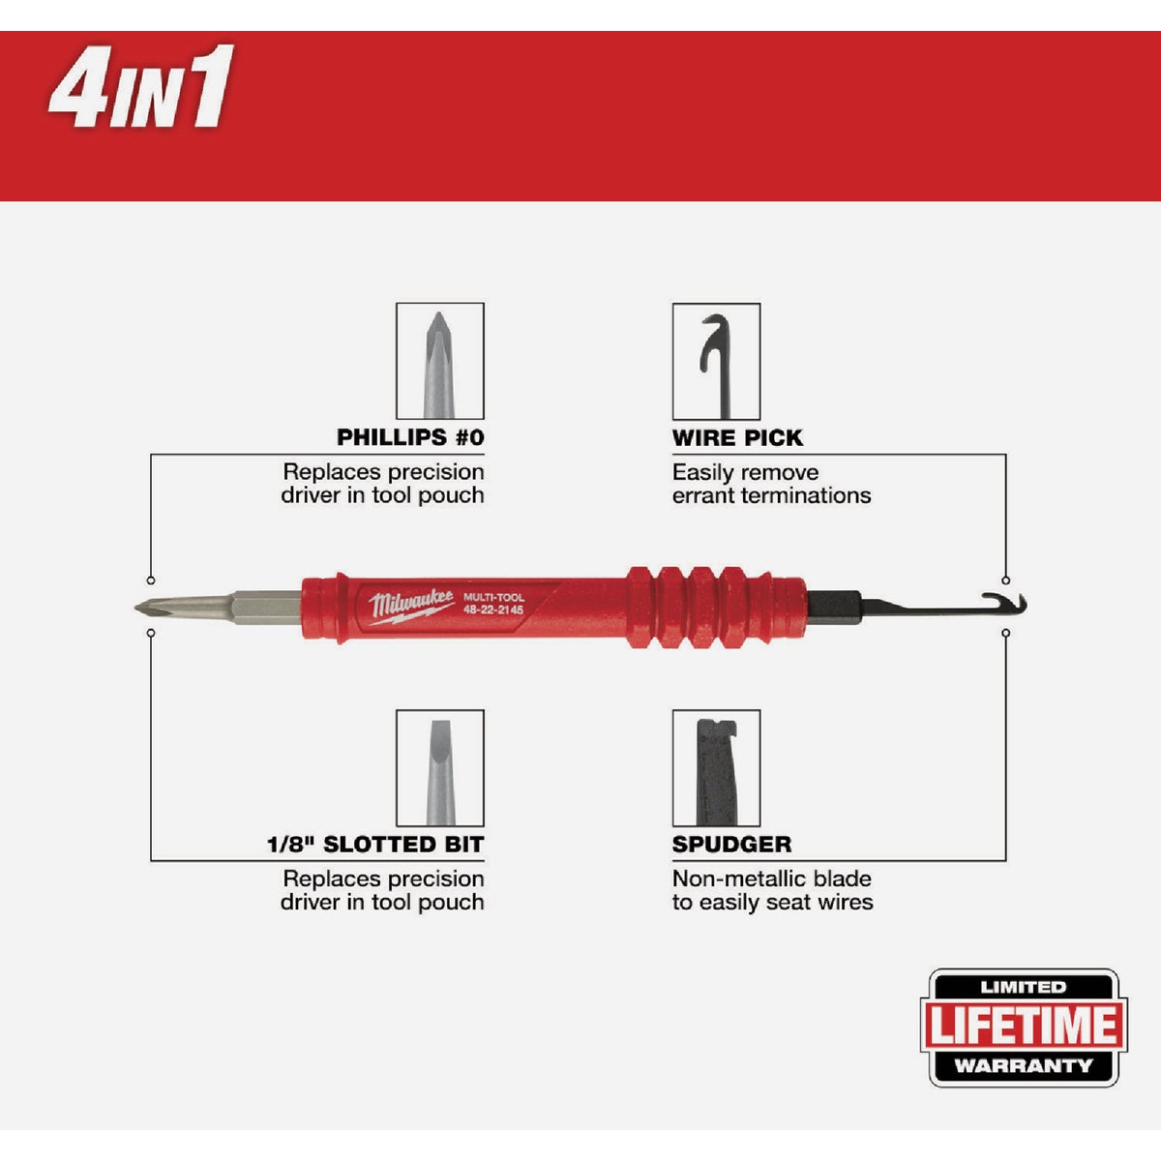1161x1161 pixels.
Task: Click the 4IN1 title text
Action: click(141, 89)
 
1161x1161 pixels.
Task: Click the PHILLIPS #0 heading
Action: click(410, 437)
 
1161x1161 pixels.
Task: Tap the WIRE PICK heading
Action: click(737, 438)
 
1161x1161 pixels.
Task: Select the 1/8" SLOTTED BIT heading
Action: click(375, 845)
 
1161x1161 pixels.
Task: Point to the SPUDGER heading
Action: click(731, 845)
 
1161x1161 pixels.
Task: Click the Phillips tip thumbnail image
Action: click(439, 361)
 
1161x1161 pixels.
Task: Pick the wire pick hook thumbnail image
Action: click(716, 361)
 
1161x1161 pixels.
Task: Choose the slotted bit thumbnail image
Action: click(439, 768)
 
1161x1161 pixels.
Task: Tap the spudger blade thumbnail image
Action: click(716, 768)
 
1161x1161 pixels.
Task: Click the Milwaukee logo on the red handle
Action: click(410, 606)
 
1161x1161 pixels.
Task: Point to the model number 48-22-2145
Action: click(493, 611)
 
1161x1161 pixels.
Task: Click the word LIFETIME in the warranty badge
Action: click(1024, 1026)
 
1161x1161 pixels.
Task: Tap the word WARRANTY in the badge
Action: click(1023, 1066)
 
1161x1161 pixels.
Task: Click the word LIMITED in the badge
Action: click(1023, 988)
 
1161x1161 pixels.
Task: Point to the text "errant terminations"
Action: click(771, 495)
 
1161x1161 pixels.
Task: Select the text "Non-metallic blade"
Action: click(771, 879)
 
